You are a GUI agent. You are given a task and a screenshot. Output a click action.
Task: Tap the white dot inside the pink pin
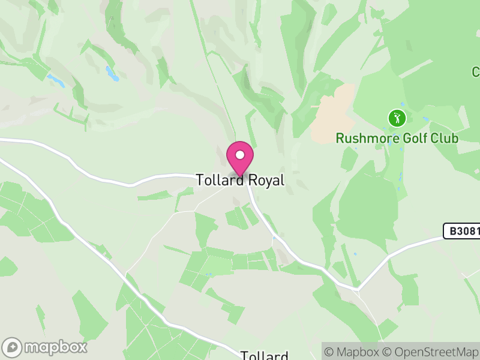[x=240, y=155]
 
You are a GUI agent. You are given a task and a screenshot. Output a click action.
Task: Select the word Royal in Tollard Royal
[x=265, y=180]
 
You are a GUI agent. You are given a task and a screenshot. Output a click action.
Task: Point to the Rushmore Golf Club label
[x=397, y=139]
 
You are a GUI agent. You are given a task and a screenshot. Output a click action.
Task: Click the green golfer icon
[x=397, y=118]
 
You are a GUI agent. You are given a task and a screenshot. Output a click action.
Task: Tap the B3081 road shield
[x=461, y=231]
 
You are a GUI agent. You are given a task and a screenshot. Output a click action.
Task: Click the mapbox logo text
[x=55, y=347]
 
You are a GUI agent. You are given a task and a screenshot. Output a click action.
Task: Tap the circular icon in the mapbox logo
[x=13, y=347]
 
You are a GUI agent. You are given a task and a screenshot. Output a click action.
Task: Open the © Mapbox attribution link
[x=352, y=351]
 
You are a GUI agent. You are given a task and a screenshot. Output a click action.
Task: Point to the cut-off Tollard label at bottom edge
[x=264, y=355]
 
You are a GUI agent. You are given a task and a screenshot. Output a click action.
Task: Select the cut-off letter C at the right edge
[x=475, y=72]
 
